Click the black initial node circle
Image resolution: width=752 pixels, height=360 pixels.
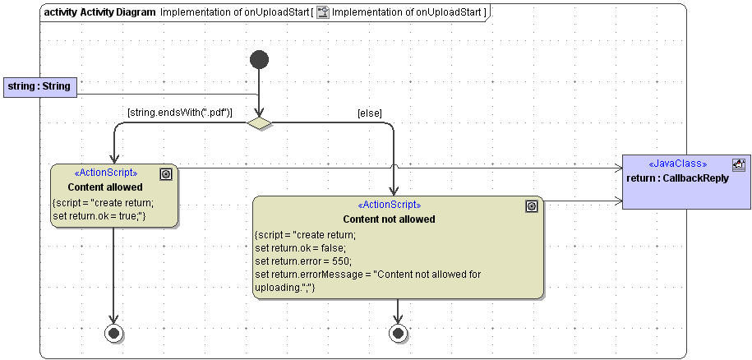point(259,59)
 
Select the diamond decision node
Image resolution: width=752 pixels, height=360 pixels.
point(260,123)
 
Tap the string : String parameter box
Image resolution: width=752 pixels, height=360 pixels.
point(39,86)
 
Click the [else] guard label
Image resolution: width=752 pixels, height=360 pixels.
point(369,113)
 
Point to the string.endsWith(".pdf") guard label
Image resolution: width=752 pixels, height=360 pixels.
point(179,113)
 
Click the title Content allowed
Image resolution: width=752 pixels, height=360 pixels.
point(105,187)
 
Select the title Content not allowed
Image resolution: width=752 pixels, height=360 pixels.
point(389,219)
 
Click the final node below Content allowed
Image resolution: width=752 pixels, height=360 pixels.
point(113,333)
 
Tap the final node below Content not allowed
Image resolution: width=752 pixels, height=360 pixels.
point(398,333)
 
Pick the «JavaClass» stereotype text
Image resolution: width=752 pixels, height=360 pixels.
point(677,164)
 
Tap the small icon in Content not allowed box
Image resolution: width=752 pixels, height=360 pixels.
point(531,206)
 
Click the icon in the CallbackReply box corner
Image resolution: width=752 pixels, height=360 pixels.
point(738,164)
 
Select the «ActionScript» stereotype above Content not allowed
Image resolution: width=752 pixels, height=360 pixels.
point(389,205)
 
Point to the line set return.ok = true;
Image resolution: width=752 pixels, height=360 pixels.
point(98,216)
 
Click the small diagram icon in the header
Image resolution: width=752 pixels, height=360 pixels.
point(323,12)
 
